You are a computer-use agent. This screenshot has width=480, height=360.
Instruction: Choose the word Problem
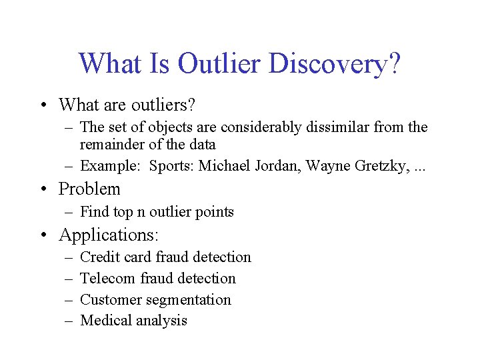click(89, 189)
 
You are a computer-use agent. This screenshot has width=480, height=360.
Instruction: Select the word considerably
click(261, 127)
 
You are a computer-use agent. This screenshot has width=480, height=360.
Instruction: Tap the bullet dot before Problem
click(42, 190)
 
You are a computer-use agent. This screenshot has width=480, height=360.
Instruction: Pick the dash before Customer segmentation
click(69, 300)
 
